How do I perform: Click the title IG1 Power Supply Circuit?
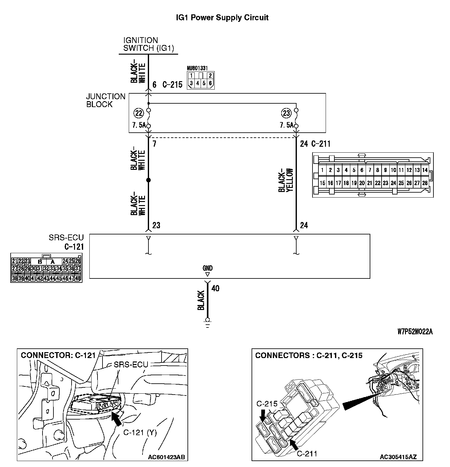coord(222,17)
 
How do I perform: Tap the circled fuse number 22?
coord(138,113)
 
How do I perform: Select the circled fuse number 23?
coord(286,113)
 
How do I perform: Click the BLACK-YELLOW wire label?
coord(286,180)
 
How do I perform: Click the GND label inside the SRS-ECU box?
coord(207,268)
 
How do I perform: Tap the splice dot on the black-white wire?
coord(148,180)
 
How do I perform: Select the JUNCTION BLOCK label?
coord(106,101)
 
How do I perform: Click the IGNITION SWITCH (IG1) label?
coord(148,44)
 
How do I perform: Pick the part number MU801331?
coord(197,68)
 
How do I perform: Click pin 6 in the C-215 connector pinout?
coord(210,83)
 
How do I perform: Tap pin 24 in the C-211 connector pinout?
coord(393,183)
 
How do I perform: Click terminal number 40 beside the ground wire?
coord(215,288)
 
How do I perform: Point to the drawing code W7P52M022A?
coord(415,332)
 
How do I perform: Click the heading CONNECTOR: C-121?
coord(58,355)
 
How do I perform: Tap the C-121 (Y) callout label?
coord(140,432)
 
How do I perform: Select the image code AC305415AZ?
coord(398,457)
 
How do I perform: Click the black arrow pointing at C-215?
coord(263,415)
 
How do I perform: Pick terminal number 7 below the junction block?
coord(154,144)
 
